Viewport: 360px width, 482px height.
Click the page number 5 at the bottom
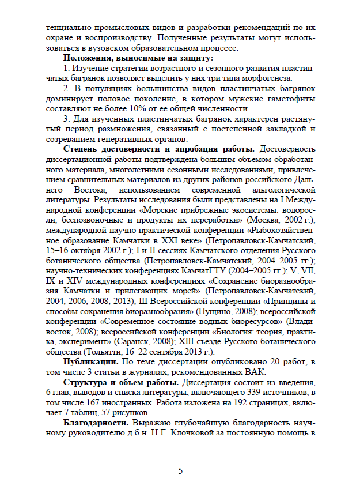180,470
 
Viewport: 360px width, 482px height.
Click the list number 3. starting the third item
67,119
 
